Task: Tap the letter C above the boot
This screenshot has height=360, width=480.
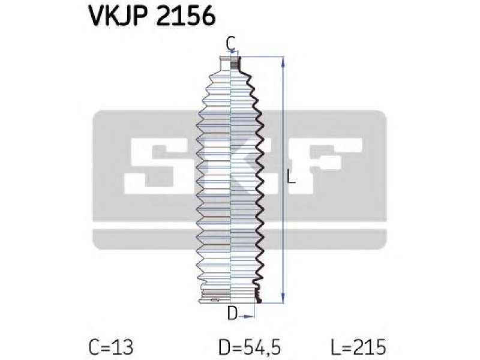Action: [x=231, y=43]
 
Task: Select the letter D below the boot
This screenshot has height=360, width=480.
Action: [x=232, y=313]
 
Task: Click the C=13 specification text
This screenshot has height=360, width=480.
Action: [x=111, y=347]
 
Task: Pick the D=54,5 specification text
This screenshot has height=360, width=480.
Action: [x=250, y=347]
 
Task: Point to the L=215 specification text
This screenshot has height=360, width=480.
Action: [x=358, y=347]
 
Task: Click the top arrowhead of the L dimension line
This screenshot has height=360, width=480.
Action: [x=283, y=62]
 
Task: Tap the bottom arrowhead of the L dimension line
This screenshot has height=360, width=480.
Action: [x=283, y=298]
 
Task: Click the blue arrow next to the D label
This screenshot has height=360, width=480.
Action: [x=246, y=317]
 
